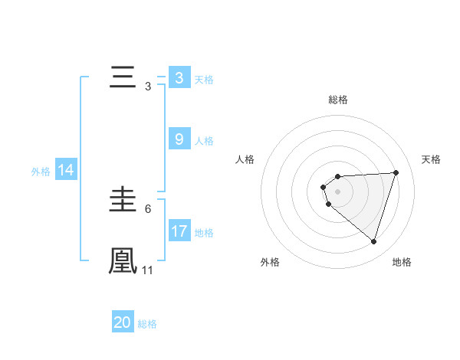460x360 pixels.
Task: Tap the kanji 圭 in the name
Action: click(x=123, y=201)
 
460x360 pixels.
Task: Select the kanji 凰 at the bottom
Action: click(x=123, y=260)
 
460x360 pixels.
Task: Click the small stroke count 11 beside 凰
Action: click(x=148, y=270)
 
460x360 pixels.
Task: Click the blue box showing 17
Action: click(x=179, y=231)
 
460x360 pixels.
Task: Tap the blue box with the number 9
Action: click(x=179, y=139)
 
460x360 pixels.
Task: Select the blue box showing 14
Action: click(x=66, y=171)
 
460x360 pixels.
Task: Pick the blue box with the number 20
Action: click(x=123, y=322)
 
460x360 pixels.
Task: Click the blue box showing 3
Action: click(x=179, y=78)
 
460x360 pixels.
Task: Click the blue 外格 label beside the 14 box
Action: click(x=41, y=172)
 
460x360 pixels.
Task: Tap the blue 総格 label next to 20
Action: click(x=147, y=324)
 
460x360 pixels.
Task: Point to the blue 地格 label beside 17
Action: click(x=204, y=232)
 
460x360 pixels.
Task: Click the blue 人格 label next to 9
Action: click(x=204, y=141)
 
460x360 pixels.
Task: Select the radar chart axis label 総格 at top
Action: click(x=338, y=100)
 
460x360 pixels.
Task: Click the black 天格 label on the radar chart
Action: click(x=432, y=159)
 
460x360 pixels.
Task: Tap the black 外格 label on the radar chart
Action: click(x=270, y=262)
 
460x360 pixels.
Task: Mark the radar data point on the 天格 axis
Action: click(x=396, y=172)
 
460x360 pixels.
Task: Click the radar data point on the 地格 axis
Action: click(x=373, y=241)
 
